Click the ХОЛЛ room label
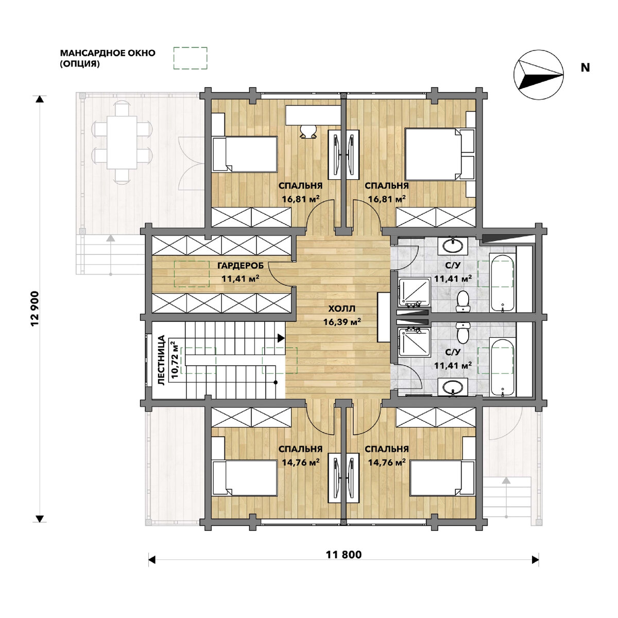pyautogui.click(x=342, y=309)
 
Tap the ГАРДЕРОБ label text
pyautogui.click(x=241, y=266)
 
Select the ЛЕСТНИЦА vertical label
pyautogui.click(x=161, y=360)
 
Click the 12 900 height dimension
pyautogui.click(x=35, y=308)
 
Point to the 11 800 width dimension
pyautogui.click(x=344, y=555)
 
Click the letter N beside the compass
pyautogui.click(x=585, y=68)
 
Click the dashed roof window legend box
pyautogui.click(x=190, y=58)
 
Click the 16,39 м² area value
pyautogui.click(x=342, y=322)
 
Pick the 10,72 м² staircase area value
pyautogui.click(x=175, y=359)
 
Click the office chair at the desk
pyautogui.click(x=308, y=131)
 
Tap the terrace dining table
pyautogui.click(x=122, y=142)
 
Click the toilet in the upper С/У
pyautogui.click(x=462, y=301)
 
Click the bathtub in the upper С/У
pyautogui.click(x=503, y=283)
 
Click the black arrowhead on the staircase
pyautogui.click(x=281, y=338)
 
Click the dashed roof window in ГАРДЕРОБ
pyautogui.click(x=192, y=273)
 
